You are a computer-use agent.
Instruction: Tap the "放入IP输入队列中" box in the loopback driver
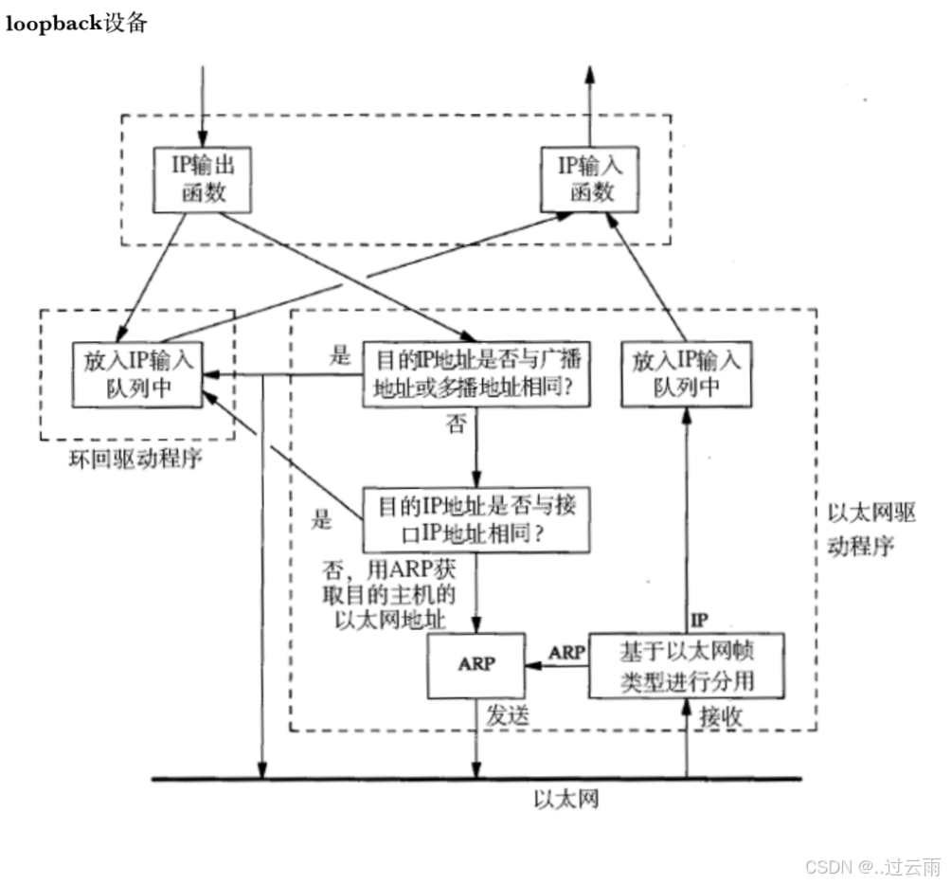[x=137, y=374]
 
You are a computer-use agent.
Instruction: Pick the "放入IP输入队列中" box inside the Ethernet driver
[x=686, y=374]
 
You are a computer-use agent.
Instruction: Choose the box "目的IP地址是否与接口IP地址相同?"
[x=475, y=519]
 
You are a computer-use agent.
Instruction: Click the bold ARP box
[x=475, y=664]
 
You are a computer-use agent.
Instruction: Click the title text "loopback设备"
[x=77, y=25]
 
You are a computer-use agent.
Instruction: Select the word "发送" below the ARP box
[x=507, y=716]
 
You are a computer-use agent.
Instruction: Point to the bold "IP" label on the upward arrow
[x=699, y=621]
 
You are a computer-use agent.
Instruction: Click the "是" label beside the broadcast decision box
[x=340, y=356]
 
